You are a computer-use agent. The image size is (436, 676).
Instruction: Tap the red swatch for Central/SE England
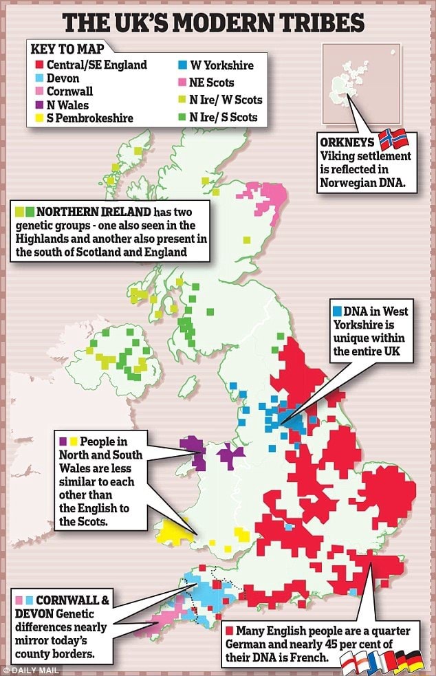pyautogui.click(x=39, y=65)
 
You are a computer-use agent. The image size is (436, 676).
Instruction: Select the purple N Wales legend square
pyautogui.click(x=39, y=105)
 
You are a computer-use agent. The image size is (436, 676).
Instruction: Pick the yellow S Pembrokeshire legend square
pyautogui.click(x=39, y=118)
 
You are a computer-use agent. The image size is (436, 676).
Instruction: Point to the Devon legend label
pyautogui.click(x=63, y=78)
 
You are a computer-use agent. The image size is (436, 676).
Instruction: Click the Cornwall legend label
pyautogui.click(x=69, y=91)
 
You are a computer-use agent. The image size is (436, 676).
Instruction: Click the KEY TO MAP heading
pyautogui.click(x=63, y=50)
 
